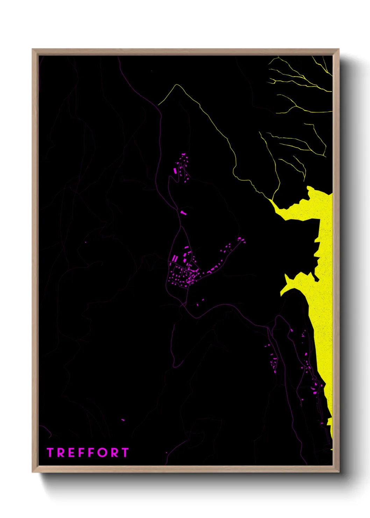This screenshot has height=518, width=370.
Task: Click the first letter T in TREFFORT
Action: click(x=50, y=453)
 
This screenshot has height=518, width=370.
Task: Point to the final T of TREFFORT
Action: click(x=125, y=453)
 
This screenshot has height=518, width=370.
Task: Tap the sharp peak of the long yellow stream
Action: click(x=177, y=85)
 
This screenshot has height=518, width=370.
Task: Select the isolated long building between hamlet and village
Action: click(x=183, y=212)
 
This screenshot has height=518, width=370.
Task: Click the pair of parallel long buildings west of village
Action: click(x=175, y=258)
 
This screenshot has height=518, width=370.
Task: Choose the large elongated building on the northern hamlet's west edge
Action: click(x=175, y=170)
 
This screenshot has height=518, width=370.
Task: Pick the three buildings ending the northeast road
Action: click(x=241, y=240)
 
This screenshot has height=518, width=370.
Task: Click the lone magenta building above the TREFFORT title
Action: click(x=123, y=420)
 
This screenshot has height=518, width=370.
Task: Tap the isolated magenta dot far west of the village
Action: click(x=85, y=242)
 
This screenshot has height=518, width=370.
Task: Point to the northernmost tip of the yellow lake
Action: click(x=309, y=188)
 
